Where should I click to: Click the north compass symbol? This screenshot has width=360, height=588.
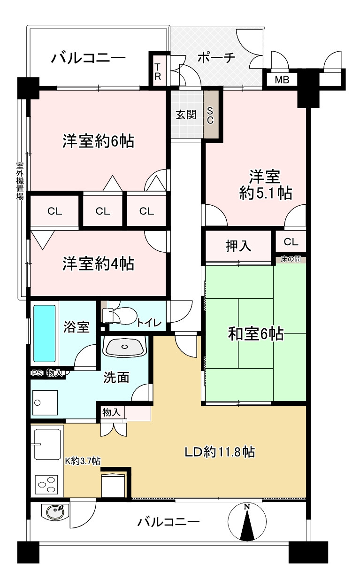(x=246, y=522)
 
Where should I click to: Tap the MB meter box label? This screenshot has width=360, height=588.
(x=282, y=80)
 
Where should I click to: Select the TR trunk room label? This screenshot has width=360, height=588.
(x=158, y=71)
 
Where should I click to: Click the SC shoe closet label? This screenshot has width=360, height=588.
(x=210, y=115)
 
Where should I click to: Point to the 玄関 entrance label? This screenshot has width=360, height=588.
(x=186, y=115)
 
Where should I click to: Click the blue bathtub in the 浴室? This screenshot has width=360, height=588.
(x=45, y=333)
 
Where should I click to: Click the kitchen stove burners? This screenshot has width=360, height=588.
(x=46, y=484)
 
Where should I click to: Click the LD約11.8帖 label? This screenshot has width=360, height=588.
(x=219, y=452)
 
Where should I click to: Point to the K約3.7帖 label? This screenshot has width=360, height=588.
(x=82, y=461)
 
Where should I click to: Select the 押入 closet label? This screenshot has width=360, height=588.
(x=238, y=245)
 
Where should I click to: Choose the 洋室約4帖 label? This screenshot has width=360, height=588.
(x=99, y=263)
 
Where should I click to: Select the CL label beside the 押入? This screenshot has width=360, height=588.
(x=291, y=242)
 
